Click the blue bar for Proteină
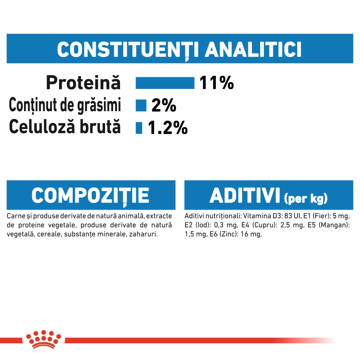click(x=165, y=83)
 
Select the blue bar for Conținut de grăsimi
click(x=141, y=105)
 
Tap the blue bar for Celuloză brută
click(x=139, y=128)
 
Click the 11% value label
click(x=217, y=83)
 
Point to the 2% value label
click(x=164, y=105)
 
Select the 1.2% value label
click(x=168, y=128)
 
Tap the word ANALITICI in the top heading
click(x=253, y=49)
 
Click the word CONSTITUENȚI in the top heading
click(x=128, y=50)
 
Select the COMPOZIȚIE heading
click(x=91, y=196)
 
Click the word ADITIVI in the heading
click(x=245, y=196)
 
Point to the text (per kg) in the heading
click(x=305, y=198)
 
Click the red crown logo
click(x=44, y=339)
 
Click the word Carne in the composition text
click(x=16, y=216)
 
